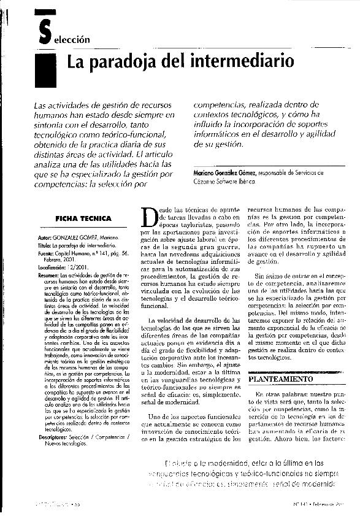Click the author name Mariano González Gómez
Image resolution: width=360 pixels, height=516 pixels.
[221, 174]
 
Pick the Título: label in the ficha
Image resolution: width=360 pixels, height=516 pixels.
[45, 244]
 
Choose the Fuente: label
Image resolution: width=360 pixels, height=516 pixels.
[46, 252]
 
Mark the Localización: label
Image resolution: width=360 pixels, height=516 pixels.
[52, 268]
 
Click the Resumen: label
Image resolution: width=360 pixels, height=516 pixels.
[48, 276]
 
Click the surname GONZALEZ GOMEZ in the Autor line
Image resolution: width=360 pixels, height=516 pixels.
[77, 237]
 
